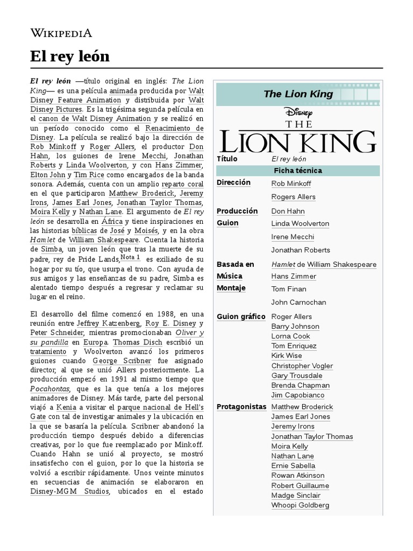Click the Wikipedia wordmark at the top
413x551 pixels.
[x=61, y=33]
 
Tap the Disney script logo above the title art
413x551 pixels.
[x=298, y=112]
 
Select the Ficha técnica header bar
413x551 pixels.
[x=297, y=171]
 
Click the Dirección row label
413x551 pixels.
[x=233, y=183]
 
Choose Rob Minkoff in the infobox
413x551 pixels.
[x=291, y=183]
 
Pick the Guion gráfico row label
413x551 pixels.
[x=241, y=316]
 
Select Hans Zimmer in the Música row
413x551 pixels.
[x=294, y=276]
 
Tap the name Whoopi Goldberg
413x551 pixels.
[x=300, y=505]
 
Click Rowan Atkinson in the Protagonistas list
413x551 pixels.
[x=298, y=475]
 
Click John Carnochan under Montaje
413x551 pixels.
[x=298, y=302]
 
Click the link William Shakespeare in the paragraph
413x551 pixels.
[x=104, y=239]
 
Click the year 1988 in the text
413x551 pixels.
[x=159, y=314]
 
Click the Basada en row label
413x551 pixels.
[x=235, y=264]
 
